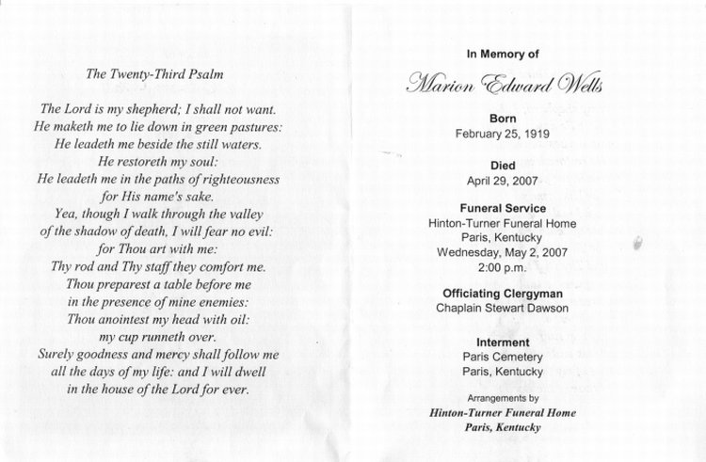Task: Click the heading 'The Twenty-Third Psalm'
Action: click(155, 72)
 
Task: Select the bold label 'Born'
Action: click(502, 119)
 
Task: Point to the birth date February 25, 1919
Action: click(502, 134)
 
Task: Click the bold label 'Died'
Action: click(502, 164)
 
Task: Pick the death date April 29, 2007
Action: click(502, 179)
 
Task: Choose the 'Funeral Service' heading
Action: click(502, 208)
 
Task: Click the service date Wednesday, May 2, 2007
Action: click(502, 252)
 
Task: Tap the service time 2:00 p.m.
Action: click(502, 267)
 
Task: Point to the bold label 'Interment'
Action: click(502, 342)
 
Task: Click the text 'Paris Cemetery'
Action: click(502, 357)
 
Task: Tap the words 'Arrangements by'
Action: click(502, 399)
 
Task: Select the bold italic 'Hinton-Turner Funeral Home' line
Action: click(502, 413)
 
